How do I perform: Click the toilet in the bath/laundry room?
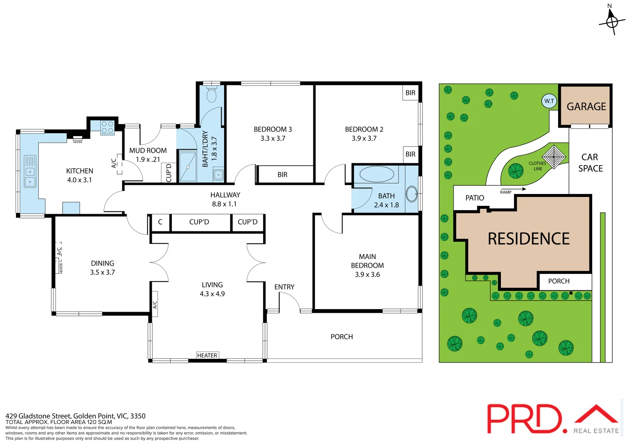tap(211, 94)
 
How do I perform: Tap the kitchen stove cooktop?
tap(108, 127)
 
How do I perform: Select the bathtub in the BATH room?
tap(377, 174)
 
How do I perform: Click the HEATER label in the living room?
tap(207, 355)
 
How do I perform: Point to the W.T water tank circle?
tap(549, 101)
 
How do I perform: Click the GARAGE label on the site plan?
tap(586, 106)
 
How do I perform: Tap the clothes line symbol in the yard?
tap(554, 157)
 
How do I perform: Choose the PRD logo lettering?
tap(524, 419)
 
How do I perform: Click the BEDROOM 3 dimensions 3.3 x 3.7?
tap(273, 139)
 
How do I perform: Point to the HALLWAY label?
tap(225, 195)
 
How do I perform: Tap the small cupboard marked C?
tap(160, 222)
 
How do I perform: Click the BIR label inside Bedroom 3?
tap(282, 175)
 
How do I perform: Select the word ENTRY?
tap(284, 287)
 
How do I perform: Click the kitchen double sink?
tap(30, 171)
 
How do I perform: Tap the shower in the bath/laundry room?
tap(188, 166)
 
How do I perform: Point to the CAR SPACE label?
tap(590, 163)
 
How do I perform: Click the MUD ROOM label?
tap(148, 150)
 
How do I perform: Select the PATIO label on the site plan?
tap(475, 198)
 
